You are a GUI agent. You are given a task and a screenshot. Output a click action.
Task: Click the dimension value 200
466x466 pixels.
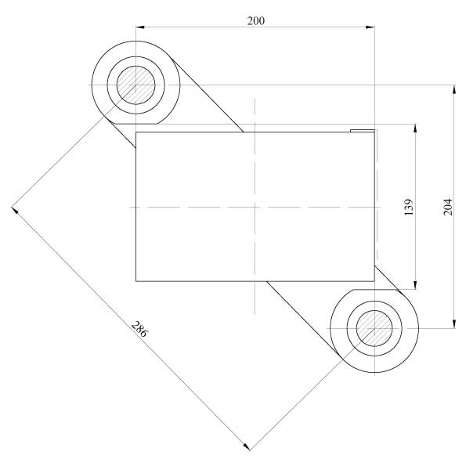256,21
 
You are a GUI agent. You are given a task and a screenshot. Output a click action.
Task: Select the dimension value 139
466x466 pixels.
410,207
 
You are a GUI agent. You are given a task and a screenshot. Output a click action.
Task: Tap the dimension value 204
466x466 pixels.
448,207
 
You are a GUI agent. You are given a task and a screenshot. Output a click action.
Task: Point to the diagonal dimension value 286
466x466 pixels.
139,329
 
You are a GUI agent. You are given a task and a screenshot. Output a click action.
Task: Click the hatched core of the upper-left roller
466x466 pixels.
135,85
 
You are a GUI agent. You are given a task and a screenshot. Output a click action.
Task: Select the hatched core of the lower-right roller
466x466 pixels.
374,328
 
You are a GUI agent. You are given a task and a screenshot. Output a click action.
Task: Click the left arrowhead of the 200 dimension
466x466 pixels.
140,27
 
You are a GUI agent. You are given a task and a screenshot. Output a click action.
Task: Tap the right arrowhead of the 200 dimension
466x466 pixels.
370,27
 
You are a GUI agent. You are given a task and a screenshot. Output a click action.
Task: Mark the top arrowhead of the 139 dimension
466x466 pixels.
415,128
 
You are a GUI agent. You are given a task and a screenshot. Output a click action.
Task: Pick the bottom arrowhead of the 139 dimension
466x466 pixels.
415,285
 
